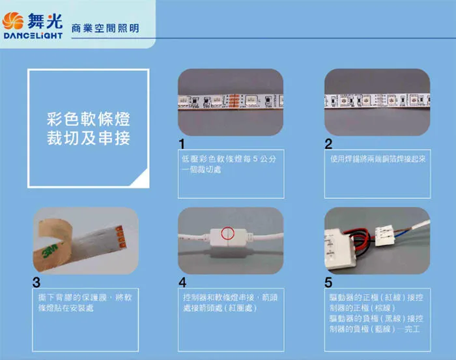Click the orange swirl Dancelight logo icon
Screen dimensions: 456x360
tap(13, 21)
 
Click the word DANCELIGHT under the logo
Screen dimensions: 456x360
tap(33, 35)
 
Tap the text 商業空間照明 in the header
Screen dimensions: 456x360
tap(106, 28)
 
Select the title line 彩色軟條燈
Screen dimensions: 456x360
tap(89, 119)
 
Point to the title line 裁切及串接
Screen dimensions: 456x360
tap(89, 138)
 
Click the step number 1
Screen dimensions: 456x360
tap(182, 144)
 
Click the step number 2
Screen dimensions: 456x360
tap(328, 144)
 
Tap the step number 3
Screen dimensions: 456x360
tap(36, 283)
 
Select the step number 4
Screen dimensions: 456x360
tap(182, 283)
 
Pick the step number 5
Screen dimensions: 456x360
tap(328, 283)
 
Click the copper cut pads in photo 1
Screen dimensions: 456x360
tap(235, 102)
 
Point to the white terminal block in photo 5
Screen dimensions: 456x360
tap(384, 235)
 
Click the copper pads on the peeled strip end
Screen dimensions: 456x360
tap(121, 238)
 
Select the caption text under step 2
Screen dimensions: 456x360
tap(378, 159)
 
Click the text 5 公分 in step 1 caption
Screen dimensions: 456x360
tap(264, 159)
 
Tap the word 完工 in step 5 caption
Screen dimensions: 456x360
tap(412, 329)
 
